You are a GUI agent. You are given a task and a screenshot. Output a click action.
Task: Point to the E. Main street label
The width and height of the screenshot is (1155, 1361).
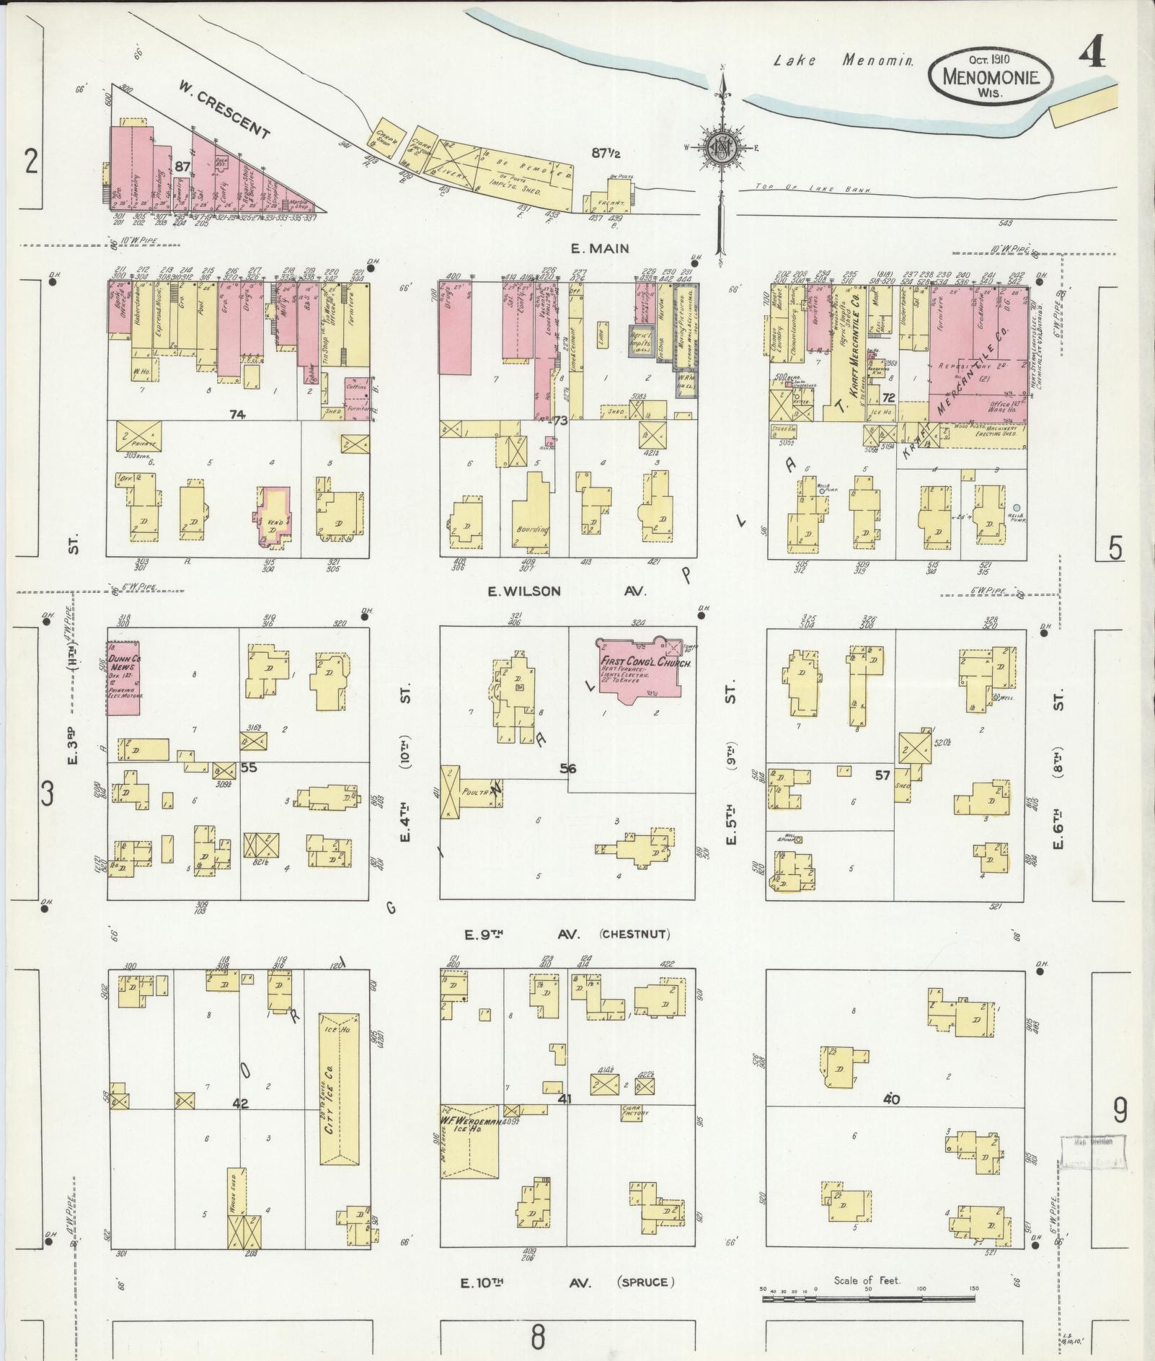click(x=600, y=248)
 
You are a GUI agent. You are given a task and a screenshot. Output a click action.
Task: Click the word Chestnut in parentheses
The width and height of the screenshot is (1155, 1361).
click(x=634, y=934)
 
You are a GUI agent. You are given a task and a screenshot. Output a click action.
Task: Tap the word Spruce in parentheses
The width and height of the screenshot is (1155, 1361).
click(x=646, y=1282)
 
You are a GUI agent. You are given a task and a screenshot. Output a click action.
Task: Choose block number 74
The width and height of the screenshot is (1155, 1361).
click(x=236, y=415)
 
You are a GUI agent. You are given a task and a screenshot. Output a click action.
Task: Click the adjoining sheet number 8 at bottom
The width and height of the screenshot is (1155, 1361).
click(x=538, y=1339)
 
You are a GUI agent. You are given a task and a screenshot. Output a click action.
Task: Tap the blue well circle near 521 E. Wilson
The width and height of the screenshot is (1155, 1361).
click(x=1017, y=508)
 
